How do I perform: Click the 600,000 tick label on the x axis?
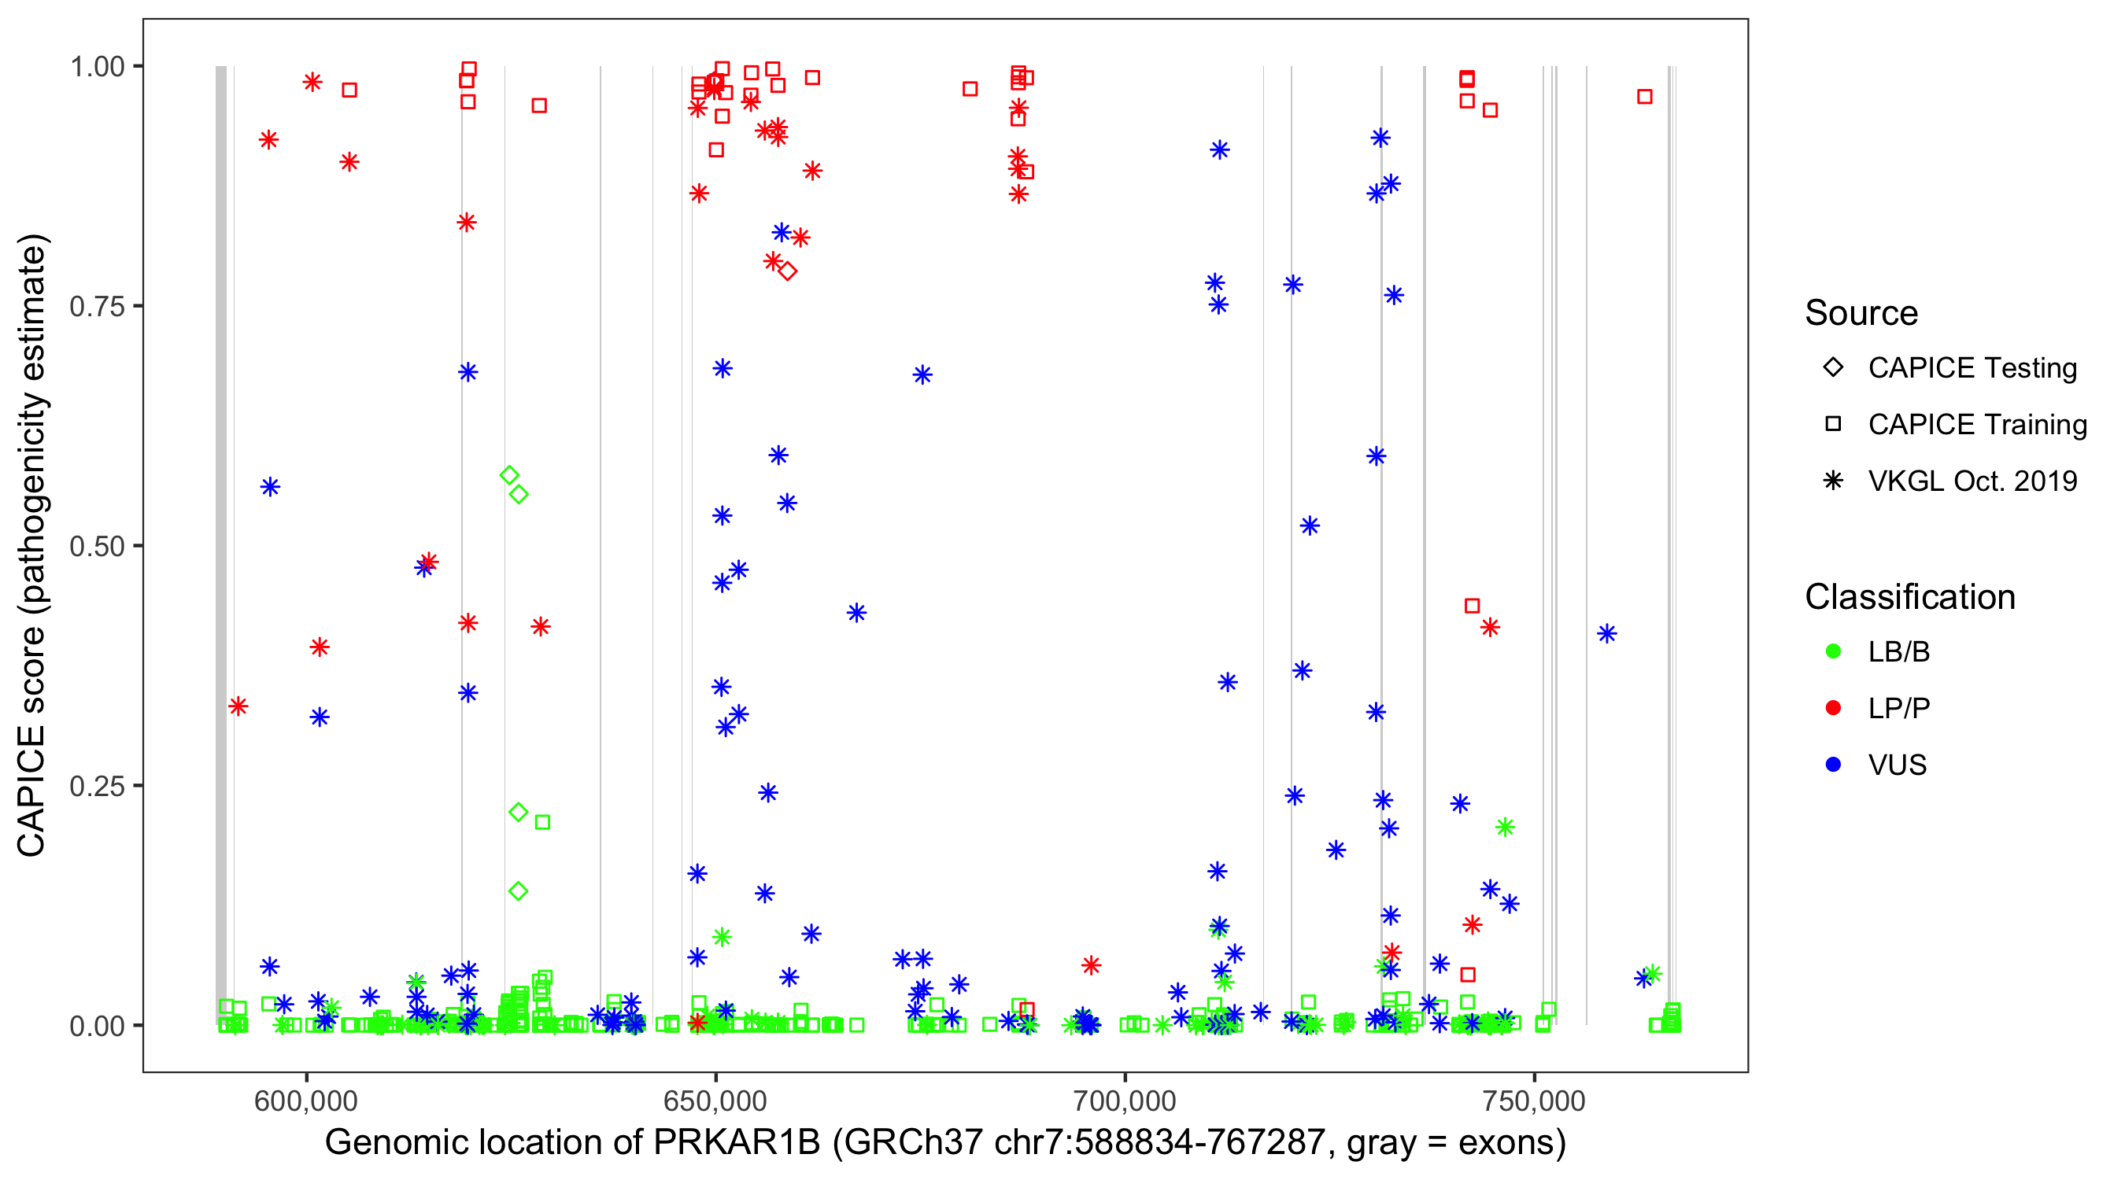pos(305,1101)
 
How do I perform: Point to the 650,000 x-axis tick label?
pos(715,1101)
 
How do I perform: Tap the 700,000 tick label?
pos(1125,1101)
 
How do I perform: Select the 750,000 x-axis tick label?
pos(1535,1101)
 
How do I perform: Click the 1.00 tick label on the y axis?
pos(97,67)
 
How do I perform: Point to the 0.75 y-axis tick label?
pos(97,307)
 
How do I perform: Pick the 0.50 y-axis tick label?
pos(97,546)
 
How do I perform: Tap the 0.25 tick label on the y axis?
pos(97,786)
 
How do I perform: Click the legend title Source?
pos(1861,313)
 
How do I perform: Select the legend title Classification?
pos(1909,597)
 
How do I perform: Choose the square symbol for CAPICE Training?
pos(1833,424)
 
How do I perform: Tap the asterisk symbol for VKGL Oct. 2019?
pos(1833,481)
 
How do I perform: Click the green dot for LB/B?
pos(1833,651)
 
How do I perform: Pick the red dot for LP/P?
pos(1833,708)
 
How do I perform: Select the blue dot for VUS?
pos(1833,765)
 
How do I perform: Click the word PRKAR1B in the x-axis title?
pos(737,1143)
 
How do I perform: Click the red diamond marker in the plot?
pos(788,271)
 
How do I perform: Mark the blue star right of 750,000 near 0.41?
pos(1607,633)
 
